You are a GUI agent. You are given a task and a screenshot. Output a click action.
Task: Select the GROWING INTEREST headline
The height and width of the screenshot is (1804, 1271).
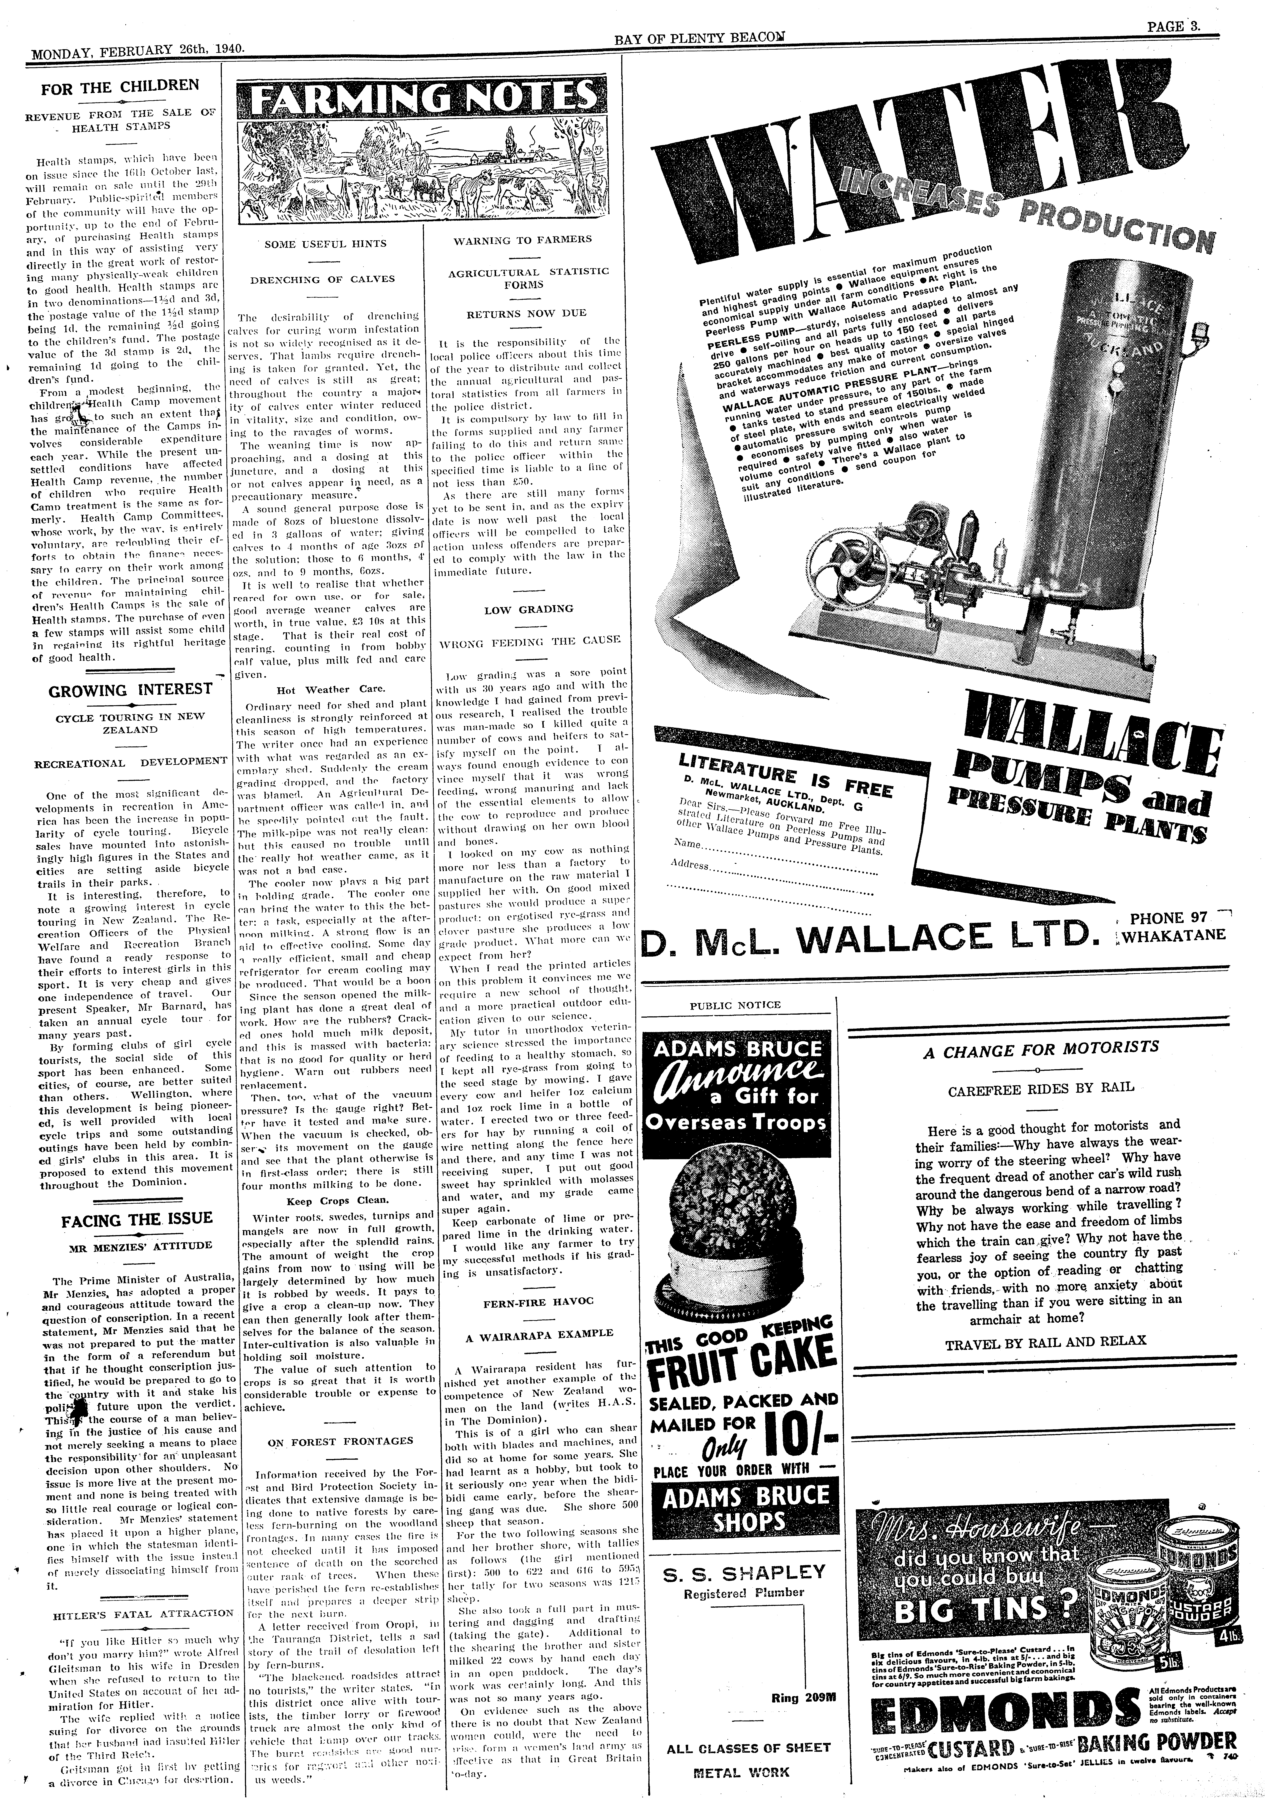[131, 690]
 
